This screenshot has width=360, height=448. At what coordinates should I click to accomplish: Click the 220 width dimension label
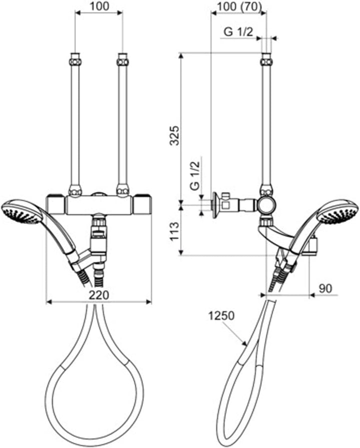[x=99, y=295]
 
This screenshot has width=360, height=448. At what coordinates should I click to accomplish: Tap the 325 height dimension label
[x=174, y=135]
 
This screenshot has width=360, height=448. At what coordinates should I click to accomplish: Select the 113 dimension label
[x=174, y=231]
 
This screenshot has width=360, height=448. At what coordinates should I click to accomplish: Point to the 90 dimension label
[x=325, y=289]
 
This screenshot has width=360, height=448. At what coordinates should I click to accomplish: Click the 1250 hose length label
[x=221, y=316]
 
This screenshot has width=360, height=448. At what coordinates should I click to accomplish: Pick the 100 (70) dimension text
[x=239, y=7]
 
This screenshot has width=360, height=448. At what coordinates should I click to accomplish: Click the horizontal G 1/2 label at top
[x=238, y=31]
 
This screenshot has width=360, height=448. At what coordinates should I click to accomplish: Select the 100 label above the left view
[x=99, y=6]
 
